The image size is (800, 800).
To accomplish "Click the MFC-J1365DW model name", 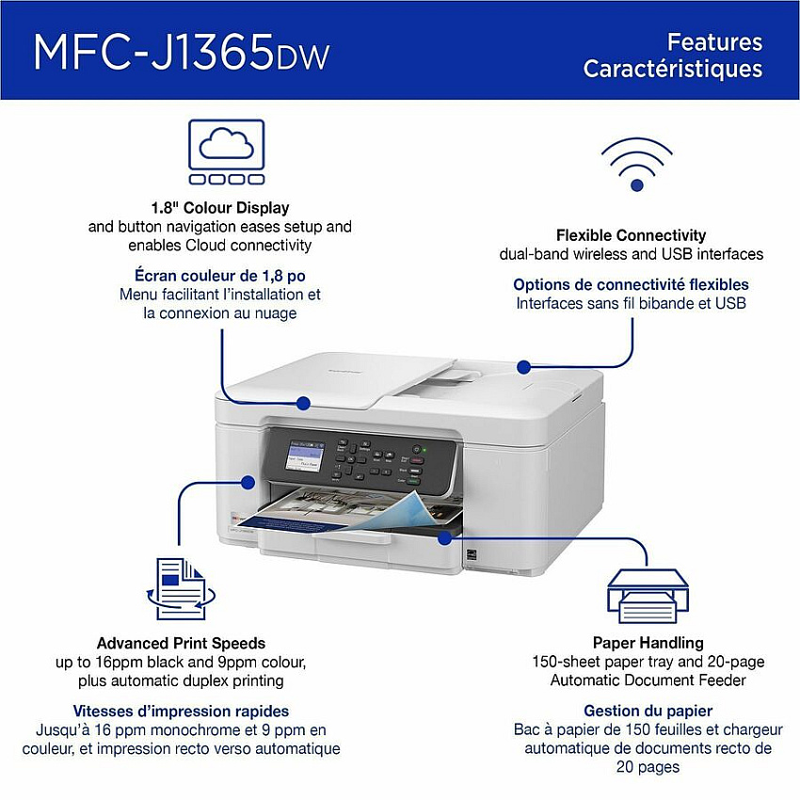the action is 182,52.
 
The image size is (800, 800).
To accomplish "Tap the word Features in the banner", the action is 714,41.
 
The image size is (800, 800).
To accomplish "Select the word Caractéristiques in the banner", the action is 673,69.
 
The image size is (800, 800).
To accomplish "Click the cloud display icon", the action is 227,152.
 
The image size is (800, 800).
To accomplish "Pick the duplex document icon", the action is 181,589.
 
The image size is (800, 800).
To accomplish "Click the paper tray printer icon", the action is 648,596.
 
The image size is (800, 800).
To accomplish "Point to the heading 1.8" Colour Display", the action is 220,208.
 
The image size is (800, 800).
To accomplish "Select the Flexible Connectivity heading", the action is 632,235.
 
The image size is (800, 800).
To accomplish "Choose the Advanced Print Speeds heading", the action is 181,643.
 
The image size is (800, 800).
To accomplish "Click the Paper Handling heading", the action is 648,642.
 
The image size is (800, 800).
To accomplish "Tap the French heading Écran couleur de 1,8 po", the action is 220,276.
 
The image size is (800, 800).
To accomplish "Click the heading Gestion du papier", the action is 648,711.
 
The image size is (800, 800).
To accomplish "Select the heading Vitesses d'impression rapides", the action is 181,711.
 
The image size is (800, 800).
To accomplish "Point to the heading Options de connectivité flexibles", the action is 632,284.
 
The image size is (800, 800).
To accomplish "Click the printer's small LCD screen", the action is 305,455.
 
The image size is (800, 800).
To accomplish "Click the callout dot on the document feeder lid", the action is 304,404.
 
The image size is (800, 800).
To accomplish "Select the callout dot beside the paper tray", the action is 445,537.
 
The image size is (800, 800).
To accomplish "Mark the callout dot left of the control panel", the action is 248,482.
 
